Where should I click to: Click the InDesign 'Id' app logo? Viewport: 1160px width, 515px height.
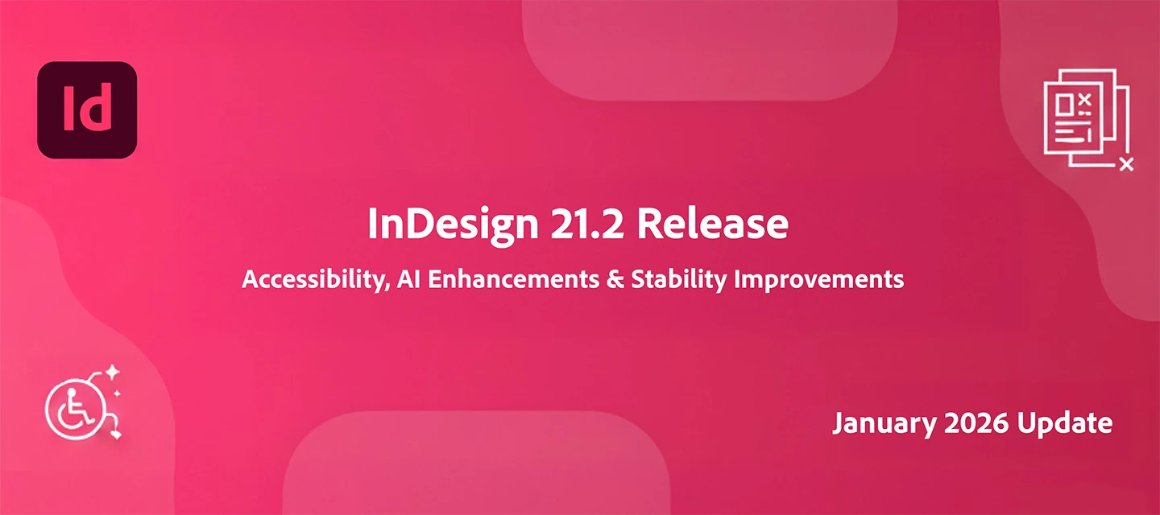coord(87,109)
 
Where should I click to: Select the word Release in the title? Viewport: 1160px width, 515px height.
coord(712,225)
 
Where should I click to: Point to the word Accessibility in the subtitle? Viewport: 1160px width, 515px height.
coord(311,280)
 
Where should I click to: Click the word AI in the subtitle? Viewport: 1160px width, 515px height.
coord(408,279)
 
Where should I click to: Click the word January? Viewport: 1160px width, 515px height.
coord(877,422)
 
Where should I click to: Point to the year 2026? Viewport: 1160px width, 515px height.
coord(970,422)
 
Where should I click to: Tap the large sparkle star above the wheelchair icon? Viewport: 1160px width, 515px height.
coord(113,371)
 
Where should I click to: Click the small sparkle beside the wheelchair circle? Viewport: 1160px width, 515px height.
coord(118,393)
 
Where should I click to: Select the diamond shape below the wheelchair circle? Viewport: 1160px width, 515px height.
coord(118,435)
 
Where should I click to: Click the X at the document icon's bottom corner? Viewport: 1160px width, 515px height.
coord(1126,164)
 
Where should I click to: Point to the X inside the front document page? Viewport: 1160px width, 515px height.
coord(1083,100)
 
